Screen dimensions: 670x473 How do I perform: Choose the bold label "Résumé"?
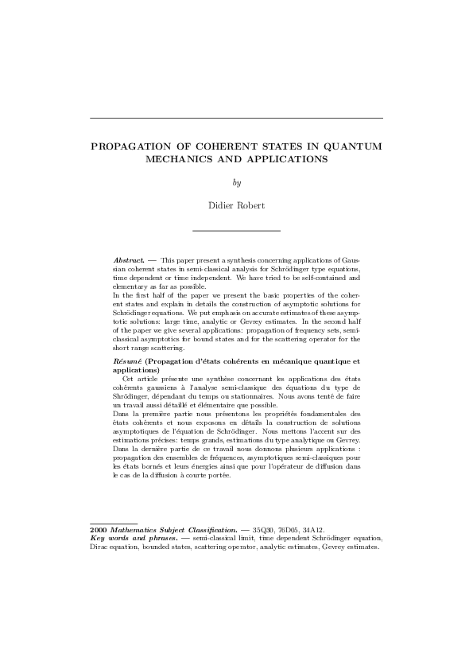coord(126,362)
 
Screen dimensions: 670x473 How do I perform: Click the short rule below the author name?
coord(236,230)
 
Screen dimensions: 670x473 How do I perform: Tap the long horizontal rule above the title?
coord(236,119)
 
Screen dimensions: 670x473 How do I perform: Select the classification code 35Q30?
coord(263,528)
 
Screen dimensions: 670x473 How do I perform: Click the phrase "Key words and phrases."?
coord(134,537)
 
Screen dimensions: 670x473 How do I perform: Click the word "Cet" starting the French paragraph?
coord(129,379)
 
